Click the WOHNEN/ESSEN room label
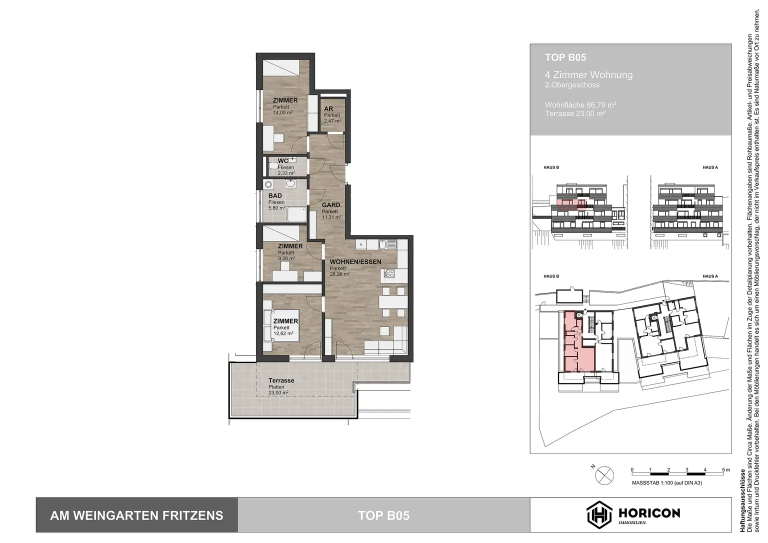[x=355, y=261]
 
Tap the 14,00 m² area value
[x=283, y=113]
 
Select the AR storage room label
[x=328, y=109]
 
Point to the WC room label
[x=283, y=161]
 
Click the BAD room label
[x=275, y=195]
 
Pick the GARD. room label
[x=331, y=205]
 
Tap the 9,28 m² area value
[x=286, y=258]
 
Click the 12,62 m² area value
[x=283, y=333]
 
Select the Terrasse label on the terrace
[x=281, y=380]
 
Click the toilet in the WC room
[x=273, y=165]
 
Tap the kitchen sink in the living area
[x=388, y=244]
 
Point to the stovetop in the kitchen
[x=389, y=273]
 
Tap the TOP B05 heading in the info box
[x=565, y=58]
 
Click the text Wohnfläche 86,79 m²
[x=580, y=105]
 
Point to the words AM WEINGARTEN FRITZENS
[x=136, y=515]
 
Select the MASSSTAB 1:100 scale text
[x=666, y=483]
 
